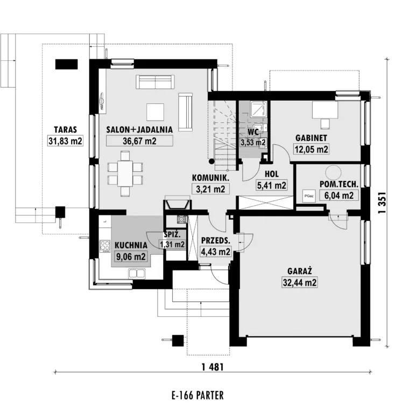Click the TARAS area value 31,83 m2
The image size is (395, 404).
pos(65,141)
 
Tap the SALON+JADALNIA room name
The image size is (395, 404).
pos(139,129)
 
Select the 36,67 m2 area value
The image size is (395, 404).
pos(139,141)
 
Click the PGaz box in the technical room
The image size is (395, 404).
pos(309,196)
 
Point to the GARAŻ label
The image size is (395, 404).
pos(300,271)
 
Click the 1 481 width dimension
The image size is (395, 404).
pos(213,367)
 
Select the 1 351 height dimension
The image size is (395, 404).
pos(383,203)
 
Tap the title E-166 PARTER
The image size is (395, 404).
pos(197,395)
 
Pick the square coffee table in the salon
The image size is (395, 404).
pos(155,112)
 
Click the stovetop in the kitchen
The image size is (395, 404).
pos(105,246)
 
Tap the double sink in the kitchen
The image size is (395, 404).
pos(137,273)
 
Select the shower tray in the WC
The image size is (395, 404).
pos(259,109)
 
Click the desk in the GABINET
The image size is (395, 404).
pos(325,110)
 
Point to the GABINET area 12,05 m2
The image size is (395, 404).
pos(311,149)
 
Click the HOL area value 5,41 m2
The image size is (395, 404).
pos(271,185)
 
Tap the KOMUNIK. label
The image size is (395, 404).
pos(210,178)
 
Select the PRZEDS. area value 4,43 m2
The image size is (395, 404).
pos(215,252)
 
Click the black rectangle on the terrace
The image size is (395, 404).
pos(66,64)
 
